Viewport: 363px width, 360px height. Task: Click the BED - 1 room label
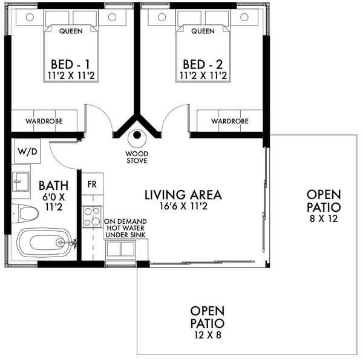point(71,64)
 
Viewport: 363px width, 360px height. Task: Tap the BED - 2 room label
point(203,64)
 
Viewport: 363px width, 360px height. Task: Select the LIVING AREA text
point(183,195)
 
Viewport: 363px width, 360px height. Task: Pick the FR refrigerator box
point(93,183)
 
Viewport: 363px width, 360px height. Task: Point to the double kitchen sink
point(121,249)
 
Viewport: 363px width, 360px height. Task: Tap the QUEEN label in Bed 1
point(71,30)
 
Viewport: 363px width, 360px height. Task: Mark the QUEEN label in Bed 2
point(203,30)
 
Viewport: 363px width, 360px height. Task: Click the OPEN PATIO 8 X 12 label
point(324,206)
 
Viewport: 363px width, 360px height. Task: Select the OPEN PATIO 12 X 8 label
point(207,321)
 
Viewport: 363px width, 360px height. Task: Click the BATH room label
point(53,185)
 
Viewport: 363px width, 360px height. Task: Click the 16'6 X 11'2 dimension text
point(183,207)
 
